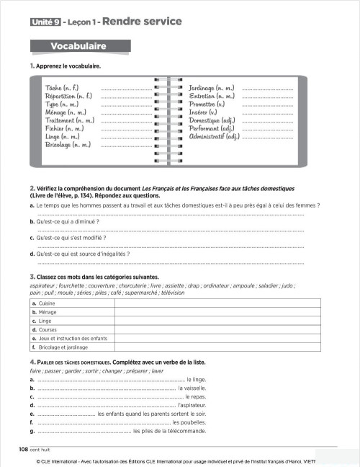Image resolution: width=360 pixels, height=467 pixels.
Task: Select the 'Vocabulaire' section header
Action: (78, 47)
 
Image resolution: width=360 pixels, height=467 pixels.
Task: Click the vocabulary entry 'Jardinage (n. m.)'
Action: (214, 88)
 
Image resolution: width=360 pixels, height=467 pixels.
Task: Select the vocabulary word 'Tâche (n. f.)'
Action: (61, 88)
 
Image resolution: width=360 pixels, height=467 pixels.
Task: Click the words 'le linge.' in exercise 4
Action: (196, 379)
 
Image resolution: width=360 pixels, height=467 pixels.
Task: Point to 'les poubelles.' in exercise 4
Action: (189, 422)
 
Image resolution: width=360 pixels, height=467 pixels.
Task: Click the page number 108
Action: (23, 448)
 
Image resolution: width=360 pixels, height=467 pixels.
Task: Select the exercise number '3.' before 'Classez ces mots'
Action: (32, 276)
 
